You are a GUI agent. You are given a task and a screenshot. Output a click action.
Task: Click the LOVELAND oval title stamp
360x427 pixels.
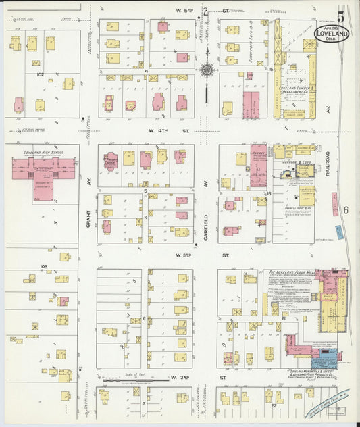coord(331,33)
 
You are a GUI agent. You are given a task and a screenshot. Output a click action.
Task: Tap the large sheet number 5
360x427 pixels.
coord(343,14)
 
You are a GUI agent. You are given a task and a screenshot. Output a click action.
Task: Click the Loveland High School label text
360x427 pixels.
coord(43,153)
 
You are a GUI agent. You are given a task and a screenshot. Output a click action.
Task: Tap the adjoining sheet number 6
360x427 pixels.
coord(345,210)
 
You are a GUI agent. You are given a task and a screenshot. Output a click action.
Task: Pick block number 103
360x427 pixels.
coord(43,267)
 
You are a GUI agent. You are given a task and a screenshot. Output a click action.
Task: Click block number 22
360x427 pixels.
coord(274,405)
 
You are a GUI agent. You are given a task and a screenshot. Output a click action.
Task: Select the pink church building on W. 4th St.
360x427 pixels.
coord(110,161)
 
